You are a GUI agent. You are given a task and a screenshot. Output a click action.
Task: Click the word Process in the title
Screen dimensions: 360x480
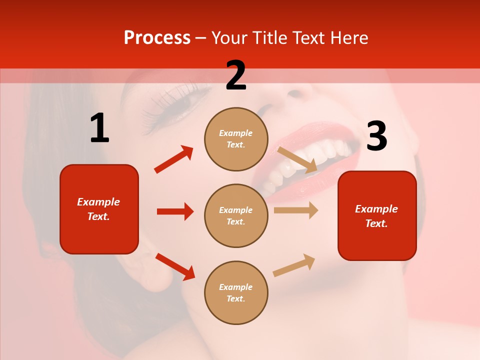[157, 38]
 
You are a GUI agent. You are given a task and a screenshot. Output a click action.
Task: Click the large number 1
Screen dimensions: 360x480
[99, 129]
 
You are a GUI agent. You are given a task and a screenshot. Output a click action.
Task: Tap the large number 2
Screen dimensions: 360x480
[236, 75]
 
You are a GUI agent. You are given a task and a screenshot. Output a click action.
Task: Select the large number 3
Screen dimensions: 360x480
[376, 136]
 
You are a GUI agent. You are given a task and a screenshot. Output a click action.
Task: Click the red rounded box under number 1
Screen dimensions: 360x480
[99, 209]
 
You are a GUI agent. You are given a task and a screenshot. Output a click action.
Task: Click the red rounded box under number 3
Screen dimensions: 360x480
[377, 216]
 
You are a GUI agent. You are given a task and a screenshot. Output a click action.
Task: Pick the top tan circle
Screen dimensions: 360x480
[236, 139]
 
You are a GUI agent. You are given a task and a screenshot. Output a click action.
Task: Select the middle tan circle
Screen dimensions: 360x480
[236, 215]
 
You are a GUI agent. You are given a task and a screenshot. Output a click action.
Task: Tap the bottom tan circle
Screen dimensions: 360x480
[236, 292]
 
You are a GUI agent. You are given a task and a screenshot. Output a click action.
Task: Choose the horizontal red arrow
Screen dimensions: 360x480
[175, 211]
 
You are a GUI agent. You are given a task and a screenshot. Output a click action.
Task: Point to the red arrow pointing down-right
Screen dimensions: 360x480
[175, 266]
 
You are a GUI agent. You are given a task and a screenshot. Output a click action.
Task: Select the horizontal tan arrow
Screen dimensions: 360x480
[296, 210]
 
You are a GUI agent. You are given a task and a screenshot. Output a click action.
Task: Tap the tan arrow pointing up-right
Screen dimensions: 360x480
[294, 265]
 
